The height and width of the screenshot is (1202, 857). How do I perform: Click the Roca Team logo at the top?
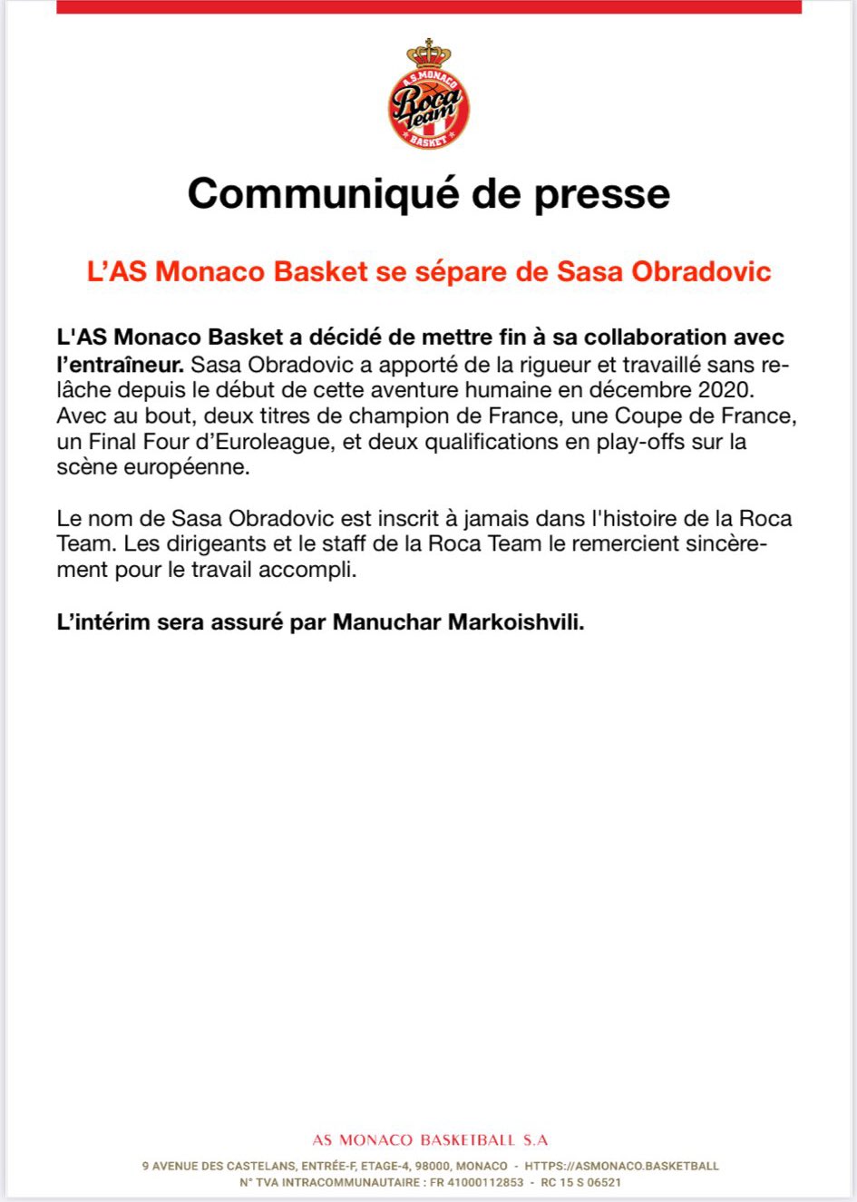[429, 102]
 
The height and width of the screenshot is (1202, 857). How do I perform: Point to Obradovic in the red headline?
[701, 271]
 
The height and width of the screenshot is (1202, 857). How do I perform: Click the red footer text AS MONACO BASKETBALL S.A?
[430, 1139]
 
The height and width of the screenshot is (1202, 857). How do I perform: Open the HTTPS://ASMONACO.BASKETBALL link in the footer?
[621, 1166]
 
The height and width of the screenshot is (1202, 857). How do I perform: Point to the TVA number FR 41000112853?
[477, 1183]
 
